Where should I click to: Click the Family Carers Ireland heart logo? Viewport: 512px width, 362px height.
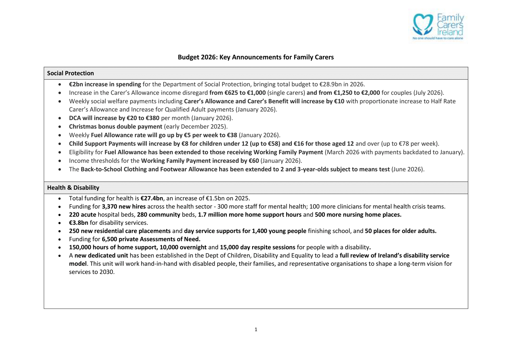(423, 24)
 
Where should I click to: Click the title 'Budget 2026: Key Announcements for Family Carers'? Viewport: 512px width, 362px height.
(256, 57)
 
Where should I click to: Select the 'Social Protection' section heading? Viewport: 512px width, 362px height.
(70, 73)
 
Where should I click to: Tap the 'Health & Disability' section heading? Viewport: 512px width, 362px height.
(73, 188)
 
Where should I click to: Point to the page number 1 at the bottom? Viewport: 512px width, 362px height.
(256, 329)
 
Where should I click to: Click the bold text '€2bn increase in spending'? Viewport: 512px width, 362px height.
(105, 84)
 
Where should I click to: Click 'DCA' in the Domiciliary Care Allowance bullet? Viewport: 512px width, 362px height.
(75, 118)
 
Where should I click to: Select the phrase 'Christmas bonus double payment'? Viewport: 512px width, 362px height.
(116, 126)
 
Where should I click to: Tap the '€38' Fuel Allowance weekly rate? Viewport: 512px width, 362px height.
(232, 135)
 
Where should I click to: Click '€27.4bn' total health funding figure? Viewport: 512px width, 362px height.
(152, 198)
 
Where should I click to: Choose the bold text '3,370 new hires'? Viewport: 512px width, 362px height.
(124, 207)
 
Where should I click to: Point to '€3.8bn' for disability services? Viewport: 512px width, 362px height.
(78, 223)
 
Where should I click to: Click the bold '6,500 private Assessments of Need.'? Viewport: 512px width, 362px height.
(151, 239)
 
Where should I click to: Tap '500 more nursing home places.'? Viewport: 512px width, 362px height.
(358, 215)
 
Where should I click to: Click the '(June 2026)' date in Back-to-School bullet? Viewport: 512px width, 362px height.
(408, 169)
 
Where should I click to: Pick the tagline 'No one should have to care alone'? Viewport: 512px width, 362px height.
(438, 38)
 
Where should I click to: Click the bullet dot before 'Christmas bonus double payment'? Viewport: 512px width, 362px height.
(60, 127)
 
